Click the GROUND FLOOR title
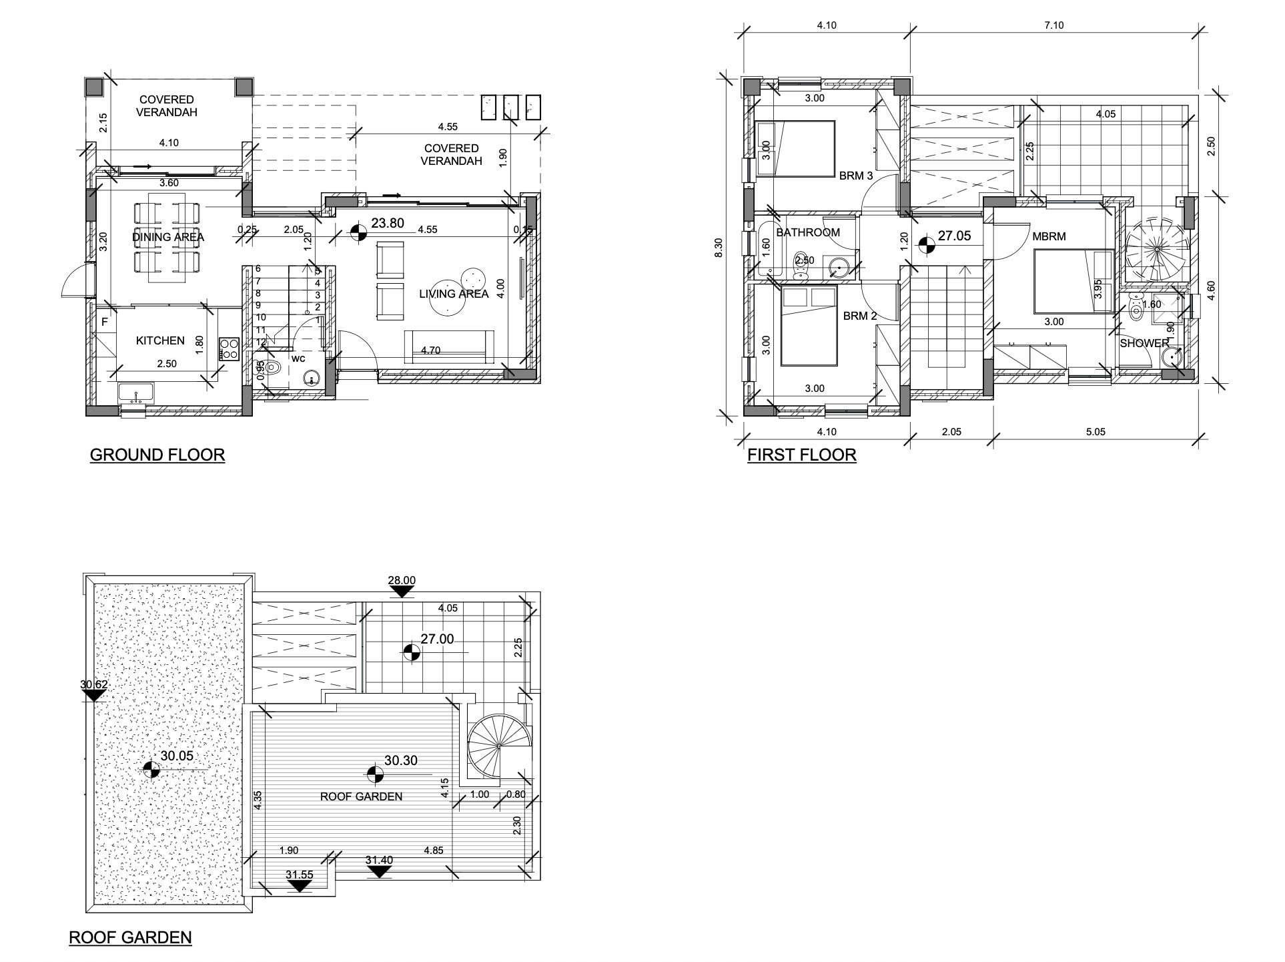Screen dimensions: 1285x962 coord(157,455)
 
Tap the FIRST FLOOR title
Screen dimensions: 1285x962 coord(801,455)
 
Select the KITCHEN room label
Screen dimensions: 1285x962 coord(160,340)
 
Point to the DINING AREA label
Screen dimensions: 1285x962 coord(168,237)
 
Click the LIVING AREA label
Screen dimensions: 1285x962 coord(454,294)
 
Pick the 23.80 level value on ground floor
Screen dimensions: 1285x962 coord(388,223)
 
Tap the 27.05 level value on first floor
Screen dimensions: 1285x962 coord(955,236)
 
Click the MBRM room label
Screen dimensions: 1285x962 coord(1049,236)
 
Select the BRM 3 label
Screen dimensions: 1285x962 coord(856,176)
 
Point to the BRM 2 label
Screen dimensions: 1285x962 coord(860,316)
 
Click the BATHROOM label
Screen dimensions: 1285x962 coord(807,232)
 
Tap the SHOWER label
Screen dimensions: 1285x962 coord(1144,344)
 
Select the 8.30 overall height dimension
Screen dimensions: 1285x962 coord(719,248)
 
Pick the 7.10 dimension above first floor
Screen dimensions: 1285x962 coord(1053,25)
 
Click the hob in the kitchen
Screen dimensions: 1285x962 coord(229,348)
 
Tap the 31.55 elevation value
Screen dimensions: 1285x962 coord(300,875)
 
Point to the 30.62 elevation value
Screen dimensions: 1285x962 coord(93,684)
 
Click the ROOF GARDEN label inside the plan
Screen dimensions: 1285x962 coord(361,796)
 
